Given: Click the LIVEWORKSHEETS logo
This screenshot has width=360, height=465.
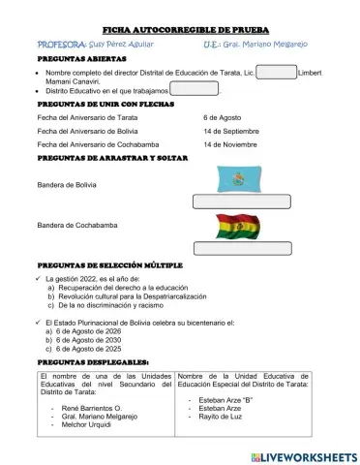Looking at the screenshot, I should [x=301, y=454].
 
